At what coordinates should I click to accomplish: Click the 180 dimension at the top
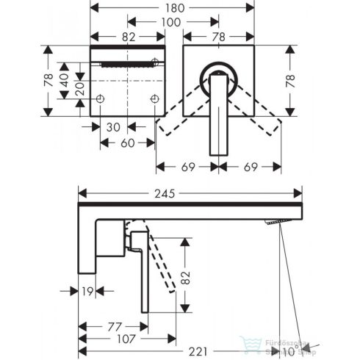click(x=173, y=9)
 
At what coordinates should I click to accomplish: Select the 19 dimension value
click(x=88, y=290)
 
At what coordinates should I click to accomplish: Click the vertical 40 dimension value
click(x=65, y=79)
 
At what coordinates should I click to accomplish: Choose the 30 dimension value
click(x=112, y=126)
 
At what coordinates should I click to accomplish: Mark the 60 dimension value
click(x=126, y=143)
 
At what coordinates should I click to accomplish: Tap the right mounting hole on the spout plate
click(x=155, y=98)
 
